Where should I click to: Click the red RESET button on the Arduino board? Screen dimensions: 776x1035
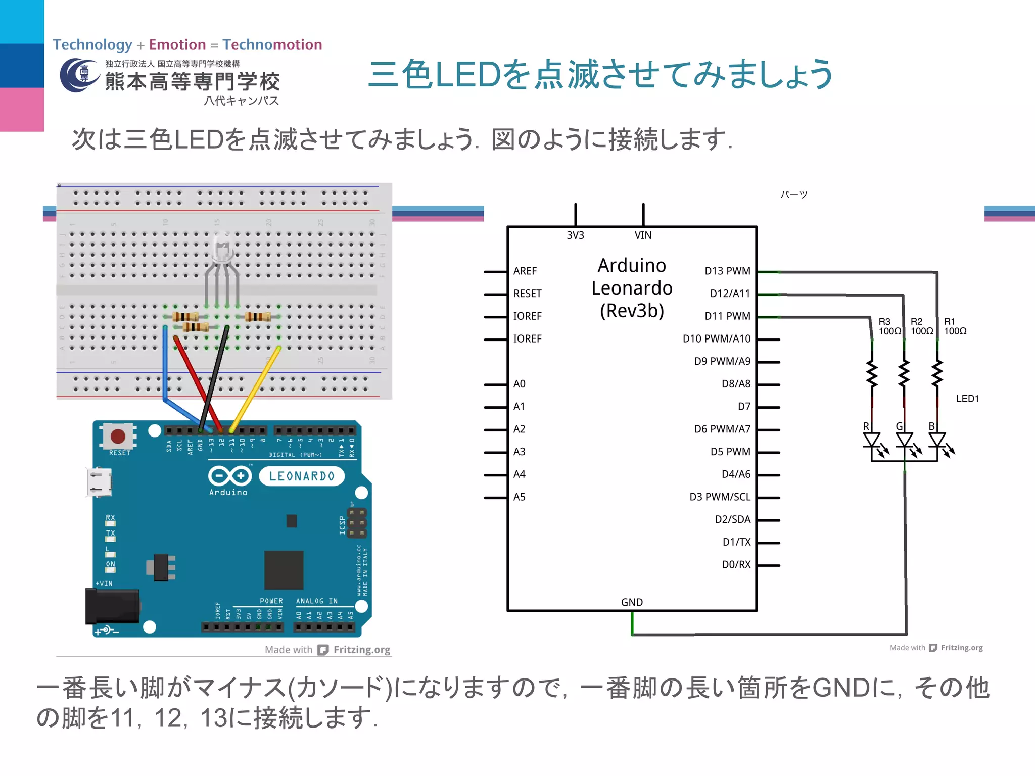[118, 435]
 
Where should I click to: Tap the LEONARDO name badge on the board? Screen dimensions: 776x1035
[302, 476]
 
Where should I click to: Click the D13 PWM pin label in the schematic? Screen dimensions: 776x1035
[727, 271]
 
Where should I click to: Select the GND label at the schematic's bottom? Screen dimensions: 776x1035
[632, 602]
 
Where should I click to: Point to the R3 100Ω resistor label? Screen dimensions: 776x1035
[889, 326]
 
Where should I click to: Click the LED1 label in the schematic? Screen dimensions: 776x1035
[967, 399]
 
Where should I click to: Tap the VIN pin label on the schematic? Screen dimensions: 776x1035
[643, 235]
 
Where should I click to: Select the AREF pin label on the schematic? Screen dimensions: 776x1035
[525, 271]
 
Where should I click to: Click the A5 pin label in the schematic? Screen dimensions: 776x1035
[519, 497]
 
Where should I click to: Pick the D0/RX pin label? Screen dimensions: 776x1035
[736, 565]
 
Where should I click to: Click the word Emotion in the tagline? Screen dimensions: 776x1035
[177, 44]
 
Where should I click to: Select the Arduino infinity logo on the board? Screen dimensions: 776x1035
[229, 476]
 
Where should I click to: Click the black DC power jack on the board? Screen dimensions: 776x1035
[112, 606]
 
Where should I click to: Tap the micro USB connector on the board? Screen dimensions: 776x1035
[99, 482]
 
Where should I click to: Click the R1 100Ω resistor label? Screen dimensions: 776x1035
[955, 326]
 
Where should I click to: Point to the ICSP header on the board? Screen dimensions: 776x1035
[357, 523]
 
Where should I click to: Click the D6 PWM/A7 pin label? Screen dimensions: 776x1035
[722, 429]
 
